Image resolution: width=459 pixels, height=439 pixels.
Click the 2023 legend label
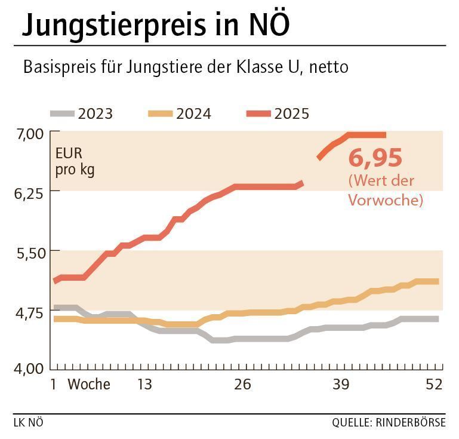click(x=95, y=113)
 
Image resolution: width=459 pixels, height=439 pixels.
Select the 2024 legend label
click(x=193, y=113)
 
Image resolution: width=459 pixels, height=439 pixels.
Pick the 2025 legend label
click(x=292, y=113)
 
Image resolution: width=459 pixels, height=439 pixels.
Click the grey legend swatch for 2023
click(x=62, y=113)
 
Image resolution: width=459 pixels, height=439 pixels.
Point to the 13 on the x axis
click(x=144, y=385)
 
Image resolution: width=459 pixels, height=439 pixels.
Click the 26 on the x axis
click(x=242, y=385)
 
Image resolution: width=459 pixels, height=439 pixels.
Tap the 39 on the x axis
click(x=340, y=385)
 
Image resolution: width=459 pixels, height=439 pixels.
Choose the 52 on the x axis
click(x=434, y=385)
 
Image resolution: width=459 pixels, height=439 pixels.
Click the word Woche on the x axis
click(x=90, y=385)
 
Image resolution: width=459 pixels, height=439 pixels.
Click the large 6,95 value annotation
click(x=375, y=159)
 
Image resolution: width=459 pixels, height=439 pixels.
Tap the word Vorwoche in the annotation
click(x=385, y=199)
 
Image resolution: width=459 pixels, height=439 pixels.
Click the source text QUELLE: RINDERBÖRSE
click(x=389, y=423)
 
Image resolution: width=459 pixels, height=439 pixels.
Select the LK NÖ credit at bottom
click(x=28, y=423)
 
